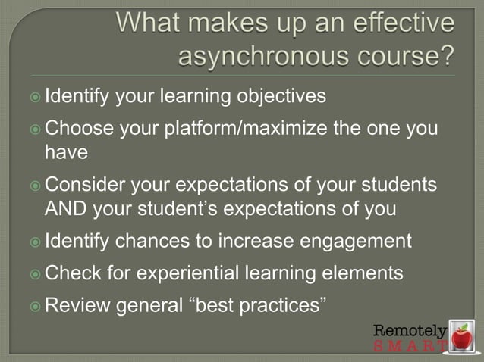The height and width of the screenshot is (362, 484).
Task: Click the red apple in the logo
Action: coord(460,335)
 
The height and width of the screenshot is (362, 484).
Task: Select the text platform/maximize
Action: coord(246,129)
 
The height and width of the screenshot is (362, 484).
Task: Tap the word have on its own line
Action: coord(66,152)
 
